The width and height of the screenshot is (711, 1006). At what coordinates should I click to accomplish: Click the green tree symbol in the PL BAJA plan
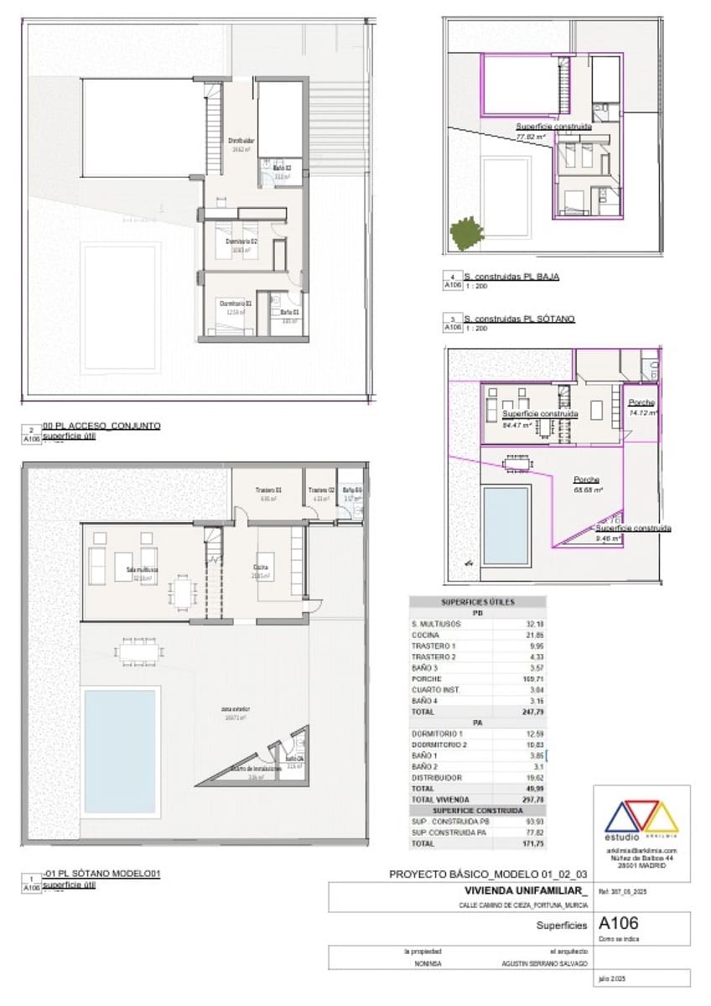465,233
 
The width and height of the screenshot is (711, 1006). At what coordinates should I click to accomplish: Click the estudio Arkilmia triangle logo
641,816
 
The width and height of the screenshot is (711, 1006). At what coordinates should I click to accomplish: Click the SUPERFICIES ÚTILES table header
477,602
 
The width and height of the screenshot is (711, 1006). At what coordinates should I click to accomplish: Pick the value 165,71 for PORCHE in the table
530,679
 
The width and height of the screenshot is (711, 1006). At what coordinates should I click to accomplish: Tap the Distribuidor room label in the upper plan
241,141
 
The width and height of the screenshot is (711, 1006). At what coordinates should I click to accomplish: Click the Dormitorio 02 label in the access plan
241,241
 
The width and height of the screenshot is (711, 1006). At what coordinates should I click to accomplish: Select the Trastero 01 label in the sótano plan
268,490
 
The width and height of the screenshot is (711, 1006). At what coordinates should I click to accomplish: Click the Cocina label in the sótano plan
261,568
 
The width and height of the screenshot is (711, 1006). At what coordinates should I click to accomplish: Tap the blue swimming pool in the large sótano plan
120,751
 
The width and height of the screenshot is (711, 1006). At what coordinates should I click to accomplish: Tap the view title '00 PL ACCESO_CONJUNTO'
101,425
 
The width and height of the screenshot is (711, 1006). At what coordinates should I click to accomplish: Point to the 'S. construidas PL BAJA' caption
512,276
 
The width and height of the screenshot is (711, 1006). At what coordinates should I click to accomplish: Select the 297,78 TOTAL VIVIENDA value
530,800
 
